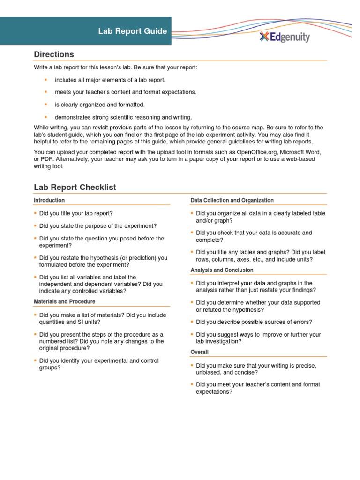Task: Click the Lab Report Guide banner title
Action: click(x=132, y=31)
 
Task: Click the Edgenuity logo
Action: click(x=285, y=37)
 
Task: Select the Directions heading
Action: click(x=54, y=54)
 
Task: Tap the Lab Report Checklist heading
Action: click(x=75, y=187)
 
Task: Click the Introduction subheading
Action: click(x=49, y=200)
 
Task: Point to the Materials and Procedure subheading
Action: click(x=64, y=301)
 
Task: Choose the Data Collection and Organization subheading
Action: click(x=232, y=200)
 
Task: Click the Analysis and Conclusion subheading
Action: click(x=222, y=270)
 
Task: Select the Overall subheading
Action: click(x=200, y=352)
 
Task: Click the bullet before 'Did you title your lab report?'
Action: click(x=35, y=213)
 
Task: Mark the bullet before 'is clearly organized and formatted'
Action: click(x=46, y=105)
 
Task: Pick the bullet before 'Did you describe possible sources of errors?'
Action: click(x=192, y=322)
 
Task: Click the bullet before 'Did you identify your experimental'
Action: click(x=35, y=361)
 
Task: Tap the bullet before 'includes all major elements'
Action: click(x=46, y=80)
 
